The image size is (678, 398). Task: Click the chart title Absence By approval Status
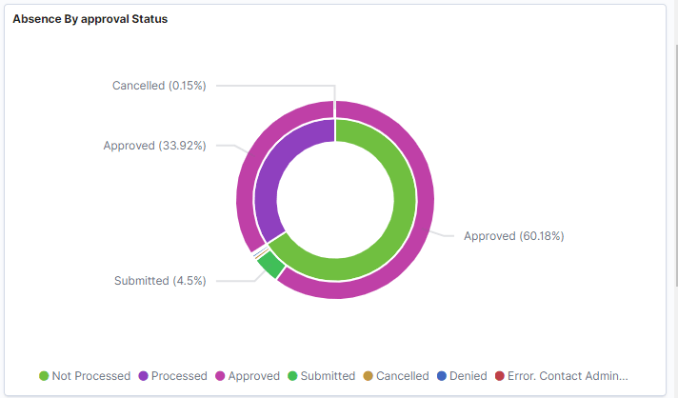click(90, 19)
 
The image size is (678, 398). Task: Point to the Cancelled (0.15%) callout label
click(159, 85)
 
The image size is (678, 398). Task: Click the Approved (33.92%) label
click(154, 146)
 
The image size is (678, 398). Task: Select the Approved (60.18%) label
click(513, 235)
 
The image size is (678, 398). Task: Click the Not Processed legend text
click(91, 376)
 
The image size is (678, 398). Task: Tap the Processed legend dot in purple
click(143, 376)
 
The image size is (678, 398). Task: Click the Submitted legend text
click(328, 376)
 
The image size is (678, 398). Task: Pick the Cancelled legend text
click(403, 376)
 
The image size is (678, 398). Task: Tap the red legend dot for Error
click(500, 376)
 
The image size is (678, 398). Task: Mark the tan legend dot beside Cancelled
click(368, 376)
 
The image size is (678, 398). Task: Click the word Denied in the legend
click(469, 376)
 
